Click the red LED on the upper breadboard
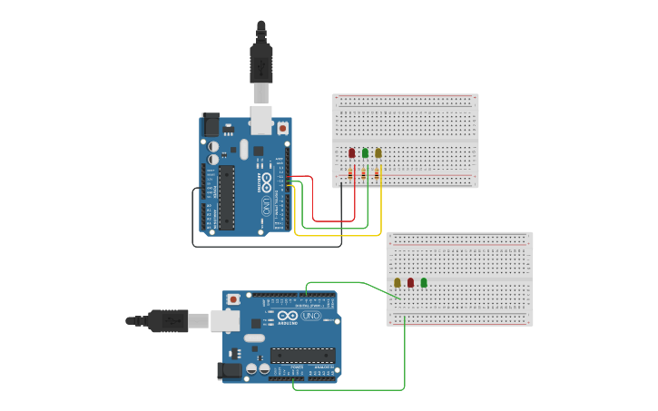pos(352,152)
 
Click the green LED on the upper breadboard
pos(365,152)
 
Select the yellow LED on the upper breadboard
pos(378,152)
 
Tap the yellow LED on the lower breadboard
pos(398,282)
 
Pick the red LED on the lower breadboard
pos(410,282)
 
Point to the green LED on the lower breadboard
pos(424,282)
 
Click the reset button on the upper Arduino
pos(283,128)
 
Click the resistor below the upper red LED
pos(350,174)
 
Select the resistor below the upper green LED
pos(364,174)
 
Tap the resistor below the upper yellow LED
pos(378,174)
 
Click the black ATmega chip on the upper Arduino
pos(226,197)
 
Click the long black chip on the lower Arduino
pos(302,355)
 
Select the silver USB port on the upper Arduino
pos(261,118)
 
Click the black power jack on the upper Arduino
pos(210,124)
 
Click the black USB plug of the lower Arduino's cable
pos(169,319)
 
